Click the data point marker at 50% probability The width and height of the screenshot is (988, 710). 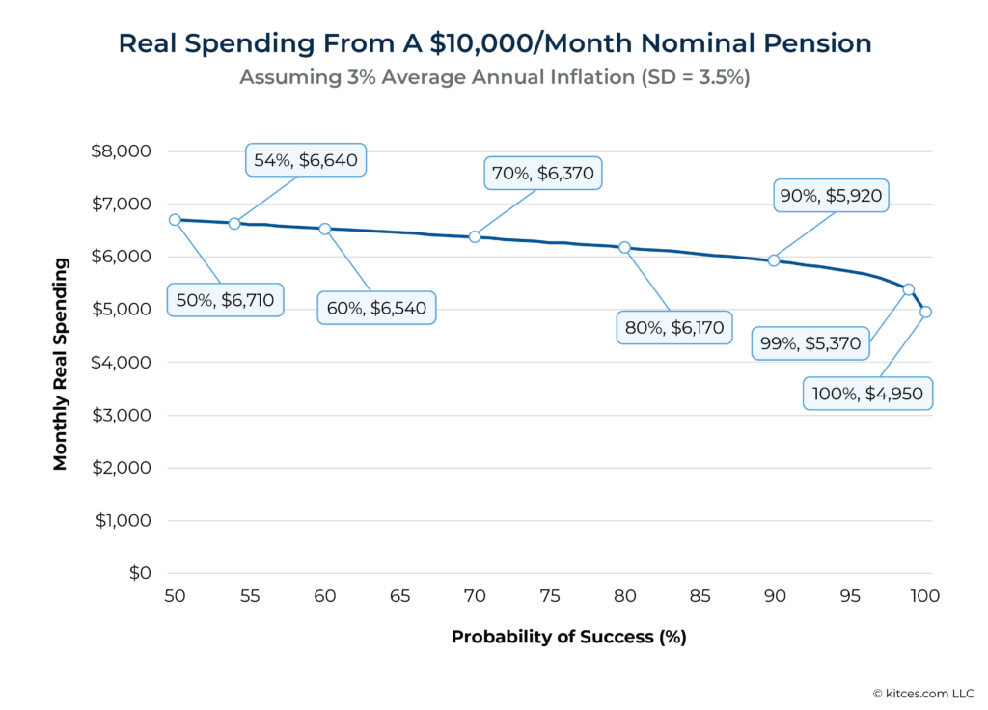click(x=175, y=220)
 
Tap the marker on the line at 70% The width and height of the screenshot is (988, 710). click(x=475, y=236)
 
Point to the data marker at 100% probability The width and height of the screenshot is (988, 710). click(x=925, y=312)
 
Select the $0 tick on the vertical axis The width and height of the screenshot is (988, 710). click(x=140, y=573)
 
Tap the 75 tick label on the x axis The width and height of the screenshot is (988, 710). click(x=550, y=597)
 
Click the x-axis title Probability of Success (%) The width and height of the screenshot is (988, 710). click(x=568, y=638)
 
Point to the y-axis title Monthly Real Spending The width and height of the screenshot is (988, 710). click(x=61, y=363)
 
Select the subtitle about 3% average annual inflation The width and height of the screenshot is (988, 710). click(x=494, y=77)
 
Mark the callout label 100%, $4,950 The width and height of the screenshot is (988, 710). click(x=867, y=393)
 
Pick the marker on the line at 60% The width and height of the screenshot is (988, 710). click(x=325, y=229)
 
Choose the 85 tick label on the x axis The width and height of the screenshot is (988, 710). click(x=700, y=597)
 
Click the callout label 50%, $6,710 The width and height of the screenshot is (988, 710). click(x=226, y=300)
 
